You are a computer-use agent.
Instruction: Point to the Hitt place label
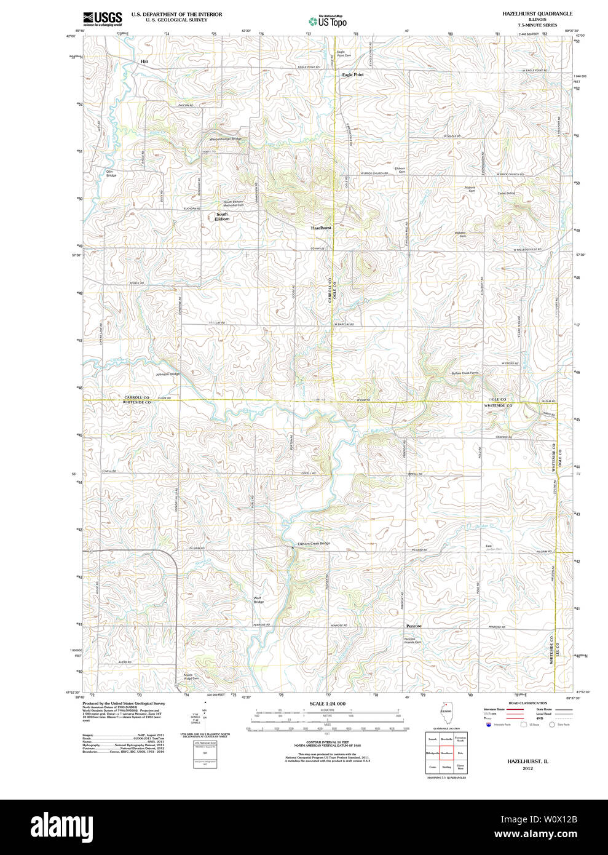[144, 62]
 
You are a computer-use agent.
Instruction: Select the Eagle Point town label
[352, 74]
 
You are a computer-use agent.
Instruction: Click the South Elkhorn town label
[222, 217]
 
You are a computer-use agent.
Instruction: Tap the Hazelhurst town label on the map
[321, 228]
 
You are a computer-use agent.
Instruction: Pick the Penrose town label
[414, 626]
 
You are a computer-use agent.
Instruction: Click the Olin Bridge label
[111, 173]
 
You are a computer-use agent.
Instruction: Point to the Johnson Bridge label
[167, 374]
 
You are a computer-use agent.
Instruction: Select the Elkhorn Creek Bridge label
[314, 544]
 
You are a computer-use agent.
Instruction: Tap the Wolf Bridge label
[259, 600]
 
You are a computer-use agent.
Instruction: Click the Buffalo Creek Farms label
[465, 373]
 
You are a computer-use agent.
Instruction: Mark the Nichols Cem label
[470, 189]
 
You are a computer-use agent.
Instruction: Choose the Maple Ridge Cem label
[192, 677]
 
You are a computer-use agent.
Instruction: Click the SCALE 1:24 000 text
[327, 704]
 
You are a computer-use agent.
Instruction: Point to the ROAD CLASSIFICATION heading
[527, 703]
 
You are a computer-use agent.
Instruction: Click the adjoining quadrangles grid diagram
[446, 752]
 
